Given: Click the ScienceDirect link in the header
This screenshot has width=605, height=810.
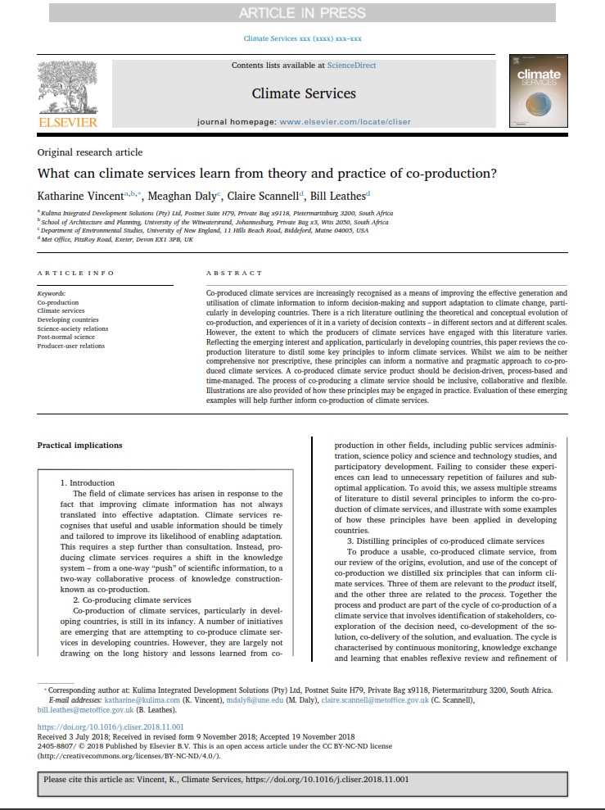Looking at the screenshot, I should pyautogui.click(x=351, y=65).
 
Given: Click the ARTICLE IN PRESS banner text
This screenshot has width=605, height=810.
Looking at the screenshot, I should pyautogui.click(x=303, y=12).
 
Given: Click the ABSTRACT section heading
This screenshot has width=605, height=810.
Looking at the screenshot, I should pyautogui.click(x=234, y=273).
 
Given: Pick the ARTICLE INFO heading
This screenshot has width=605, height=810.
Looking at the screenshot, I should pyautogui.click(x=76, y=273).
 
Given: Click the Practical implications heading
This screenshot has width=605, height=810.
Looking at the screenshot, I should pyautogui.click(x=79, y=446).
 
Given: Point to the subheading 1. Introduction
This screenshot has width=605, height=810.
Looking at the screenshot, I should pyautogui.click(x=92, y=483).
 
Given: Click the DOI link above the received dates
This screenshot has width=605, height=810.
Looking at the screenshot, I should pyautogui.click(x=101, y=726).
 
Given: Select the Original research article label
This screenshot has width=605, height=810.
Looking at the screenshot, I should pyautogui.click(x=90, y=152).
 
